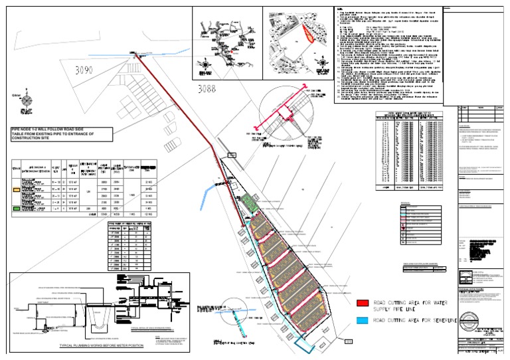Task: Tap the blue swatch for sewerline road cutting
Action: [363, 321]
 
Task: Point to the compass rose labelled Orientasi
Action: [27, 102]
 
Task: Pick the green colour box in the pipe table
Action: [16, 208]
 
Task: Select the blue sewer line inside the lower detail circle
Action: [247, 317]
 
